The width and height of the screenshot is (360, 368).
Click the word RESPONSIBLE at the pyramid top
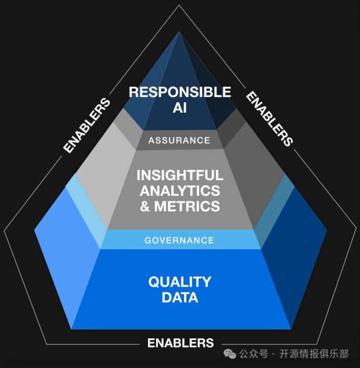click(x=179, y=92)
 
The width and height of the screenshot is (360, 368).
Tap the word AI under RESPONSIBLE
click(x=179, y=108)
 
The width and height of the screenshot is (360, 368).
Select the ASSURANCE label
click(x=179, y=140)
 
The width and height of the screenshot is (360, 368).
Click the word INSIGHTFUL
click(x=179, y=175)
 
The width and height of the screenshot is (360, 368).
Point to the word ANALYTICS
click(x=179, y=190)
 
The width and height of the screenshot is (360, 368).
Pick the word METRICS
click(x=186, y=206)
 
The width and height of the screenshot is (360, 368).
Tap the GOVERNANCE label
click(x=179, y=240)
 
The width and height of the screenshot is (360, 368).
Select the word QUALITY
click(x=179, y=282)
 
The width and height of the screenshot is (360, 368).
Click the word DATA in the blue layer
click(x=179, y=298)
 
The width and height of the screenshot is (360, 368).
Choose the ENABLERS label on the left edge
click(x=87, y=126)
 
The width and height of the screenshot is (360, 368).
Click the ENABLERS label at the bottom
click(x=180, y=342)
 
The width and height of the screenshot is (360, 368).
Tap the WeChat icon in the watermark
click(x=231, y=354)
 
